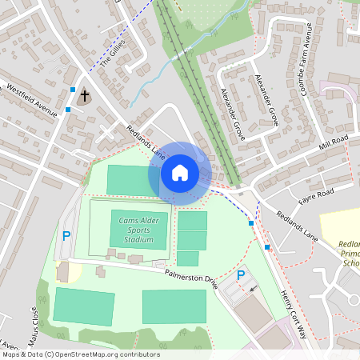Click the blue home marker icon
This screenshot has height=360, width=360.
[x=180, y=172]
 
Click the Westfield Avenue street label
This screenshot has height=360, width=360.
[x=33, y=98]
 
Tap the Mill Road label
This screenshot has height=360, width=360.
[x=334, y=143]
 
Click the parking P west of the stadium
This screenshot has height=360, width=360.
[x=66, y=236]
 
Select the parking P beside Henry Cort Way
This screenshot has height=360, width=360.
[x=241, y=276]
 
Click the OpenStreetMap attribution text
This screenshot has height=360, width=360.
[x=80, y=354]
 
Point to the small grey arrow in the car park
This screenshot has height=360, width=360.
[x=254, y=288]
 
